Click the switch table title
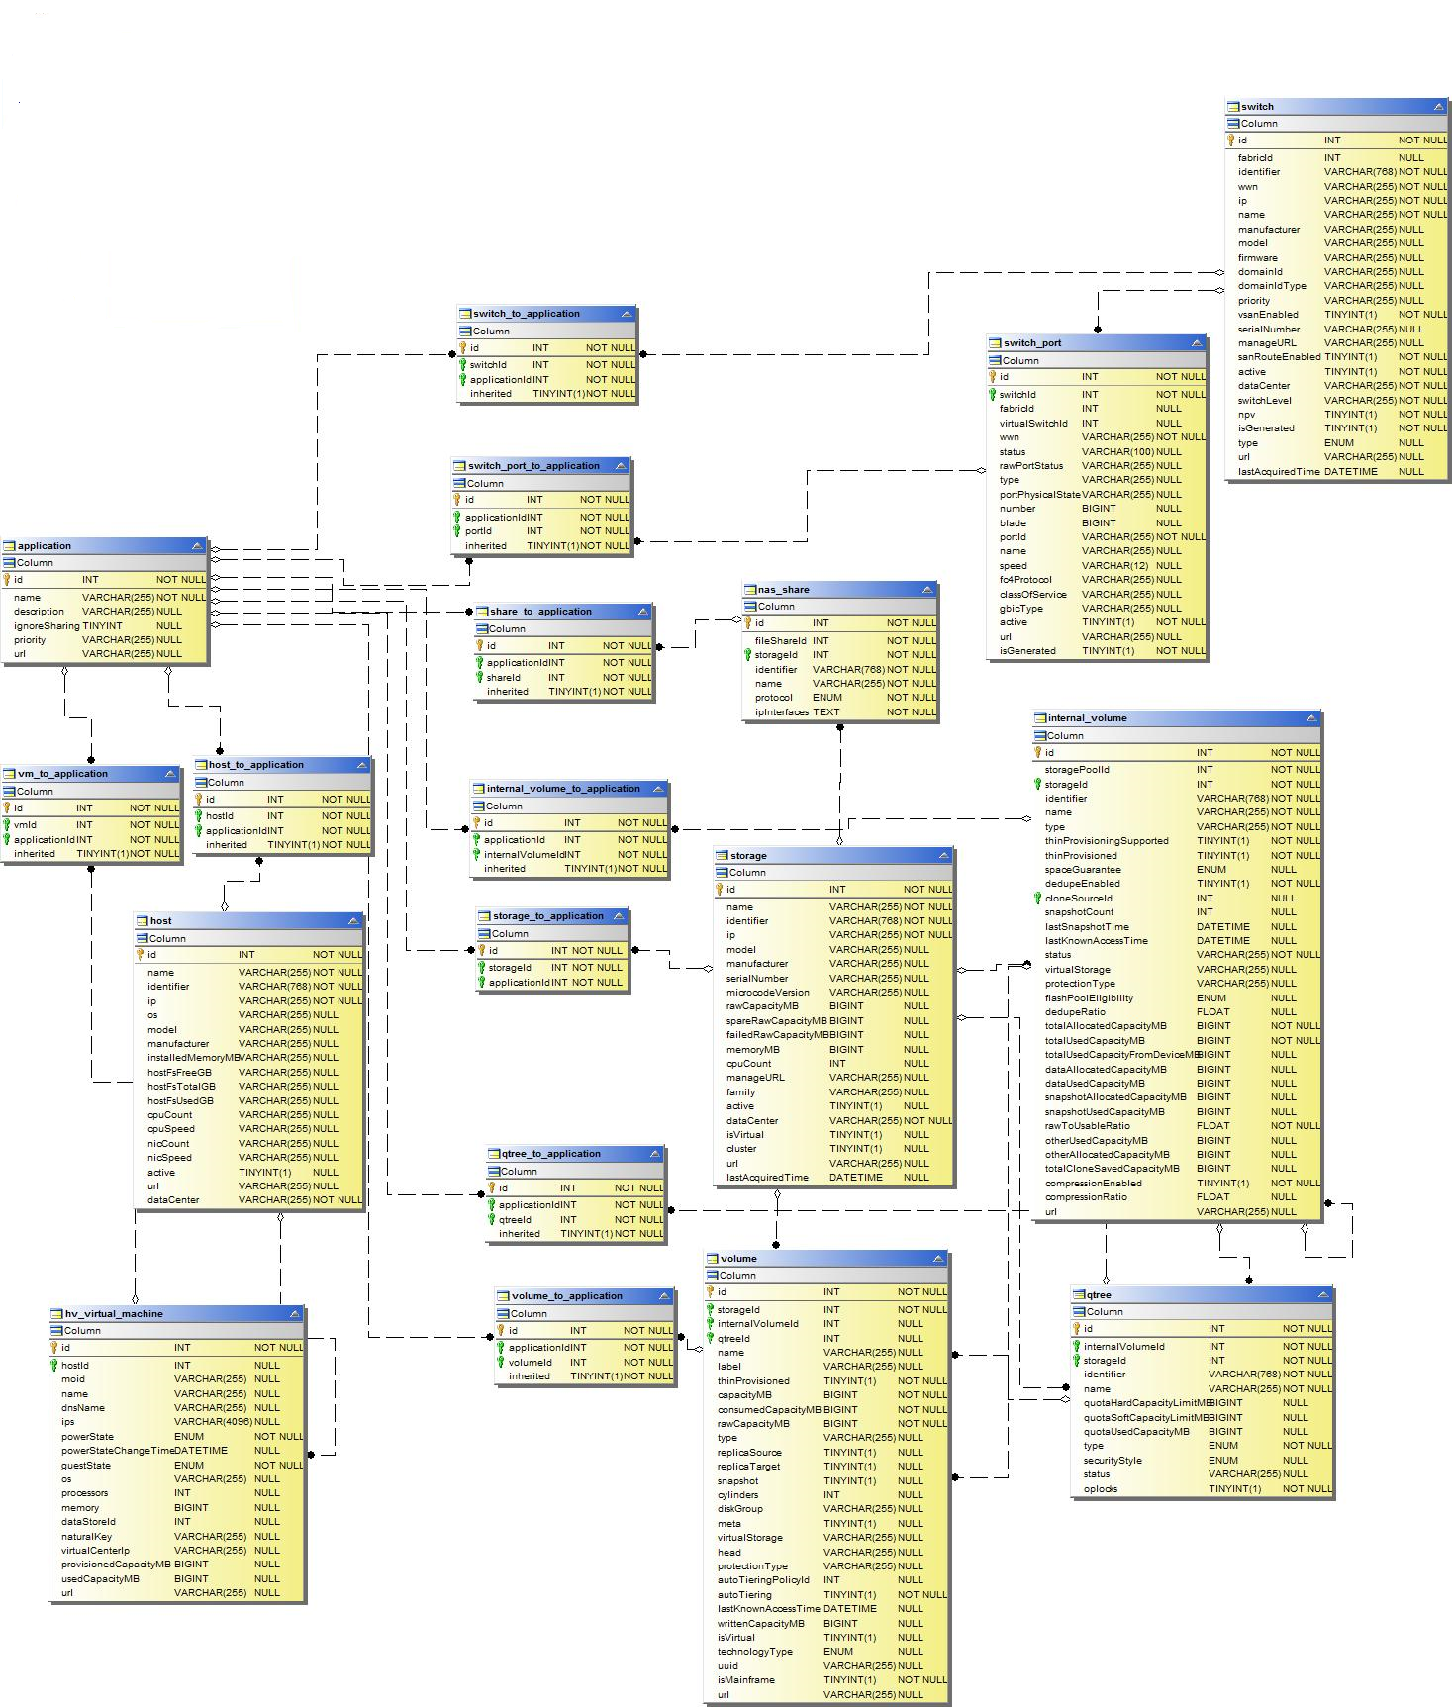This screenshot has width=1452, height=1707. point(1257,107)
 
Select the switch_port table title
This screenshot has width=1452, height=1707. point(1031,343)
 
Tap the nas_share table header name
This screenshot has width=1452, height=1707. point(783,590)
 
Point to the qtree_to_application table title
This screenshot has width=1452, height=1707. point(551,1154)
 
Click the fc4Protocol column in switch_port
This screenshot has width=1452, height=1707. point(1025,580)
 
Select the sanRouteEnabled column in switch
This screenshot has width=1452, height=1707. point(1279,357)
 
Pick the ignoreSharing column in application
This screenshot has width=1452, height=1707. point(47,625)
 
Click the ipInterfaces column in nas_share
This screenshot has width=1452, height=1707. point(782,711)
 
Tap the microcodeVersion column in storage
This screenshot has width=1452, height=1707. point(767,993)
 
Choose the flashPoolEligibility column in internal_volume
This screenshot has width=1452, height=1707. point(1089,998)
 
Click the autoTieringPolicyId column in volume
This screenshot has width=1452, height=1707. point(763,1580)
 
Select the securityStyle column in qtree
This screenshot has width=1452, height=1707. point(1113,1460)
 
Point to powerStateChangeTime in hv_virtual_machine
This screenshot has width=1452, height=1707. point(117,1451)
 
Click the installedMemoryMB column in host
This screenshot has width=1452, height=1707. point(193,1058)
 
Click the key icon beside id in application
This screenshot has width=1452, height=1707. point(6,580)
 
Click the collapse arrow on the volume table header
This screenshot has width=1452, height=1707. point(937,1259)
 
